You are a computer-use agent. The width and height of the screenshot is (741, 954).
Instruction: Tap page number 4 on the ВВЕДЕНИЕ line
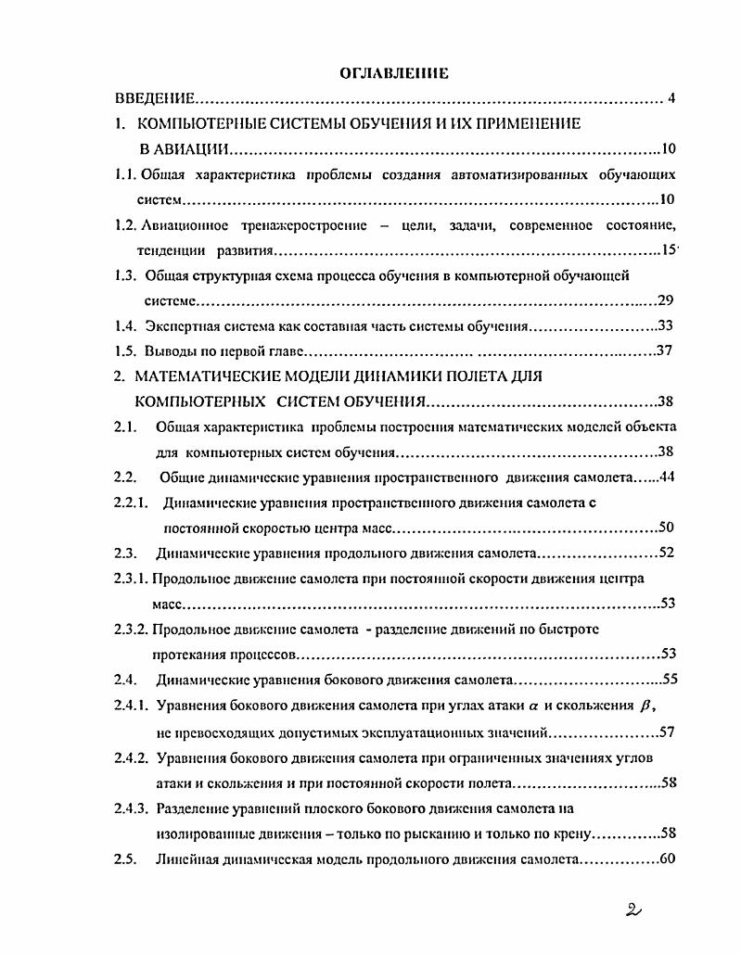tap(671, 98)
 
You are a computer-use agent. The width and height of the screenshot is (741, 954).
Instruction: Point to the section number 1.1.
tap(124, 174)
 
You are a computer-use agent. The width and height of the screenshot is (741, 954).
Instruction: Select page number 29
tap(665, 299)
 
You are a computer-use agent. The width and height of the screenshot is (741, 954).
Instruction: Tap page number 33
tap(665, 325)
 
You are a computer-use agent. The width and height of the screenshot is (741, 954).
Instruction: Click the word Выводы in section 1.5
tap(170, 351)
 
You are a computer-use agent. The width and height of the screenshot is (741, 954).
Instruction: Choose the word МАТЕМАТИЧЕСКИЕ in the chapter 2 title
tap(208, 376)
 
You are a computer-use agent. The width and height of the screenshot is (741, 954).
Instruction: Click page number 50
tap(665, 528)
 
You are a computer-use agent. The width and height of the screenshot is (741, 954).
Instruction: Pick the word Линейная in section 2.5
tap(185, 859)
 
